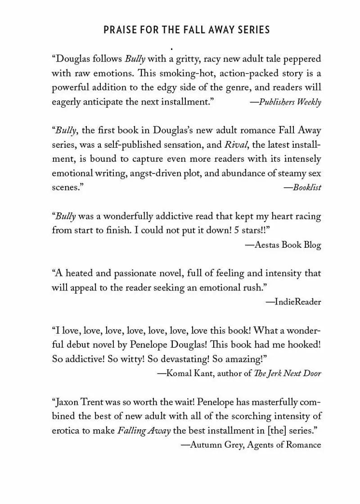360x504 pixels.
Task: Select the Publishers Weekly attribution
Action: (x=285, y=102)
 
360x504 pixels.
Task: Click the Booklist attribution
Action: (x=302, y=187)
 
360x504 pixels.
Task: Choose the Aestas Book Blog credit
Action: (x=283, y=245)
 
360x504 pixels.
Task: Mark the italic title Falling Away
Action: (x=144, y=431)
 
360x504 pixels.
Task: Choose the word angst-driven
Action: (x=181, y=173)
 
